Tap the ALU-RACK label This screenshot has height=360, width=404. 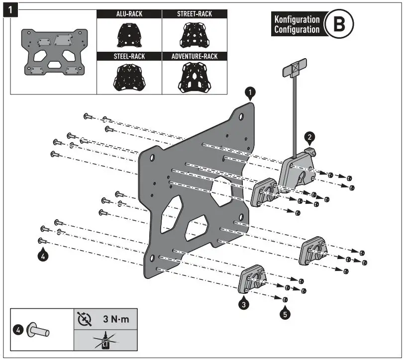coord(129,14)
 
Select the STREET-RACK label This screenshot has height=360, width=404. coord(195,14)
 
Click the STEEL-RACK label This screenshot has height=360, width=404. coord(129,57)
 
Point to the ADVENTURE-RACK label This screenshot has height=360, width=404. coord(195,57)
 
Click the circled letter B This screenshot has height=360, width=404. coord(339,24)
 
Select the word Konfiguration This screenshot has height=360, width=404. coord(297,19)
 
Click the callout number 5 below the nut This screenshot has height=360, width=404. coord(285,314)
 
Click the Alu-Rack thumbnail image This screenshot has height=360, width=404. coord(128,34)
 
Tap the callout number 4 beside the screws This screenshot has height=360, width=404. coord(43,257)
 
